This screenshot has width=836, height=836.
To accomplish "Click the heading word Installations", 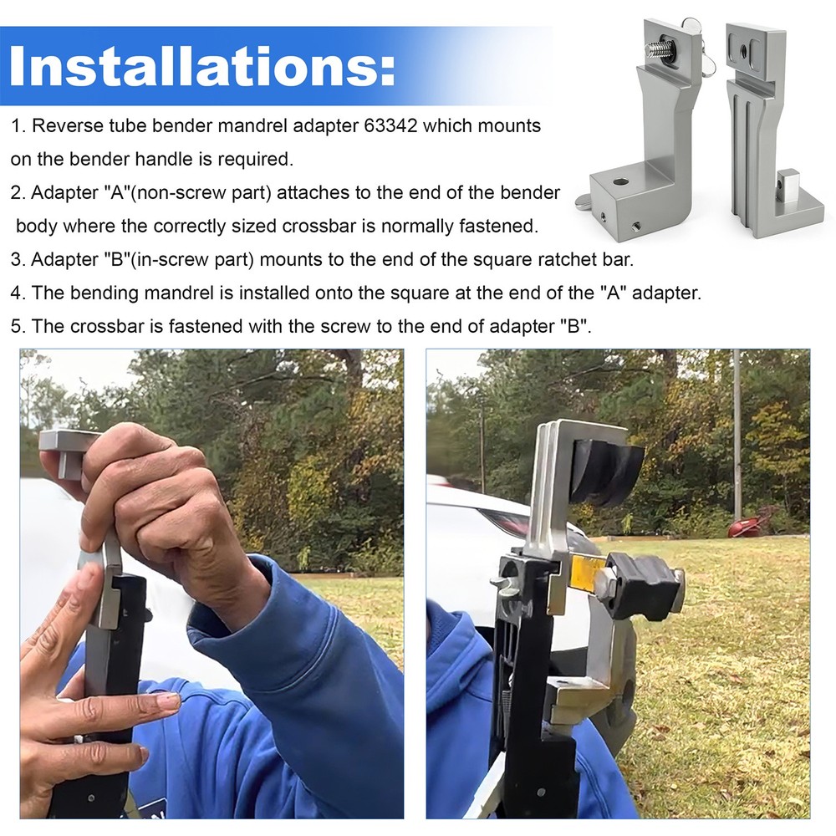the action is click(202, 66).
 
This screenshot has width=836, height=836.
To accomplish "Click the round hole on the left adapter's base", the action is click(620, 181).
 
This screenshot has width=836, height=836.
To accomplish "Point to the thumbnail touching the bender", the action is click(169, 701).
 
